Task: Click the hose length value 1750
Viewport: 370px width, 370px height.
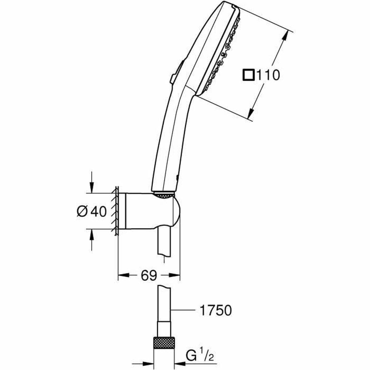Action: [216, 310]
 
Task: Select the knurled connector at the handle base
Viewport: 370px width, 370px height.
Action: [163, 195]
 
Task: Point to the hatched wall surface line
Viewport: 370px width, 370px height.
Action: [116, 211]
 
